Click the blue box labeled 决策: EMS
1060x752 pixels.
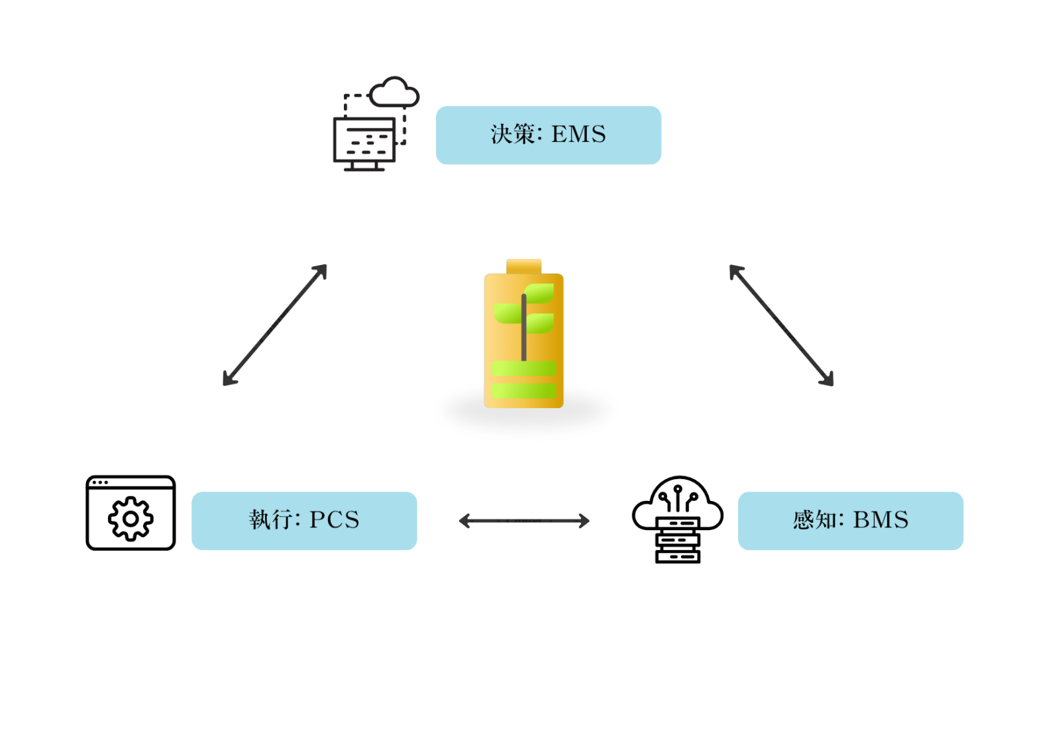548,135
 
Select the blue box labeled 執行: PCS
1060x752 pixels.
304,521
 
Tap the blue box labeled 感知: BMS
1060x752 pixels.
850,521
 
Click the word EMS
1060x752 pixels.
578,134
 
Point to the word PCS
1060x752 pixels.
335,520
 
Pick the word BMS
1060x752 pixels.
880,520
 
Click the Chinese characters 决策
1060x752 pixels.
513,134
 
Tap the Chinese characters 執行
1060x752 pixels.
270,520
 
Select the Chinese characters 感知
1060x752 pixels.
814,520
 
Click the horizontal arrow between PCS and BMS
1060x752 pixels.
524,521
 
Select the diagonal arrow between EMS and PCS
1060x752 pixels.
275,325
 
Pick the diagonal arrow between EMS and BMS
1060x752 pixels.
781,325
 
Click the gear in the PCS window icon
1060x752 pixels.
131,519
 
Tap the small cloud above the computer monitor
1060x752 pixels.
395,93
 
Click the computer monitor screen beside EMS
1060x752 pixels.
364,140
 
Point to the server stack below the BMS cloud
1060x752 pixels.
678,541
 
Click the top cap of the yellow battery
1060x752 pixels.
523,266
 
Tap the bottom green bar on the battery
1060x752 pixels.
523,391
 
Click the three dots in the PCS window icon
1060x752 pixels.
100,482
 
